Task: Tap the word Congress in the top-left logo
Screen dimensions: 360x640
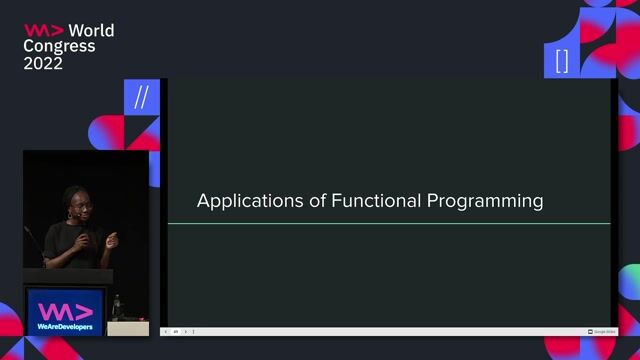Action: tap(60, 46)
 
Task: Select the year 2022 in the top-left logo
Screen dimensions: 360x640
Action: tap(43, 63)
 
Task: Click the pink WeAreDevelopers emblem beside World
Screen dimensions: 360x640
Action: tap(44, 30)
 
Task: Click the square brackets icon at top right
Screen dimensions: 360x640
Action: tap(562, 61)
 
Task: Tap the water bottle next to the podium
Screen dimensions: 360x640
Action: tap(118, 307)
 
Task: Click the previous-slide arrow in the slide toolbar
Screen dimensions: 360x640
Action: tap(166, 331)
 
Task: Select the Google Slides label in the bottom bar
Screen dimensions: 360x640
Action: tap(603, 331)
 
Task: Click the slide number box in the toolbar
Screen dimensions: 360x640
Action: tap(176, 331)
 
